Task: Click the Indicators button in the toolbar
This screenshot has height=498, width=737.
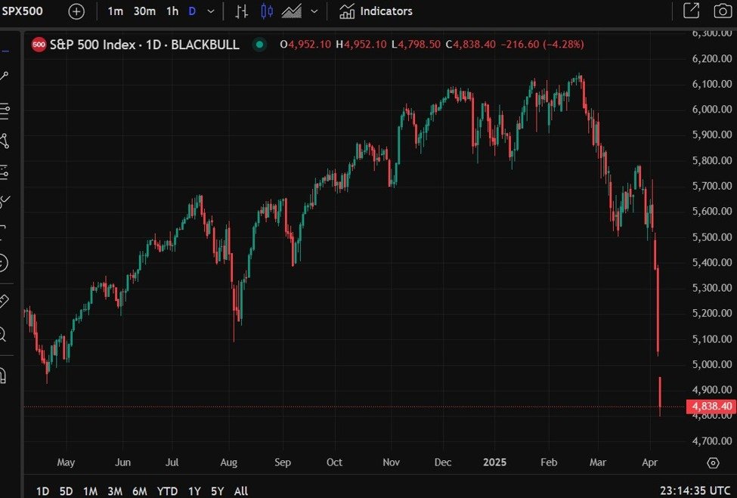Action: (x=376, y=11)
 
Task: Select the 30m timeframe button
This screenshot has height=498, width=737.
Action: (x=144, y=11)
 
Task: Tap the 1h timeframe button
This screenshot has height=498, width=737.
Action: (x=172, y=11)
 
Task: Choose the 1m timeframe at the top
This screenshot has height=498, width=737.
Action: (x=116, y=11)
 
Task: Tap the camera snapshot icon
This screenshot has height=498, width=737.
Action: (x=722, y=11)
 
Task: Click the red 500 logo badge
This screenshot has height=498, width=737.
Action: (x=39, y=45)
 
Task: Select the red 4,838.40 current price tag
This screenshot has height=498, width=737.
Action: (x=711, y=407)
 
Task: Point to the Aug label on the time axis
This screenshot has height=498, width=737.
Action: (x=229, y=462)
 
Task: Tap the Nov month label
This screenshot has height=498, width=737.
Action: (x=391, y=462)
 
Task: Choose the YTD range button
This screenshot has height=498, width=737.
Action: (x=167, y=491)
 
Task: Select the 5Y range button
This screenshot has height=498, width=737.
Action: (x=218, y=491)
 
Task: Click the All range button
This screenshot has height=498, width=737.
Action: (x=240, y=491)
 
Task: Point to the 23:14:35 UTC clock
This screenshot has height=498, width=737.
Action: (x=695, y=491)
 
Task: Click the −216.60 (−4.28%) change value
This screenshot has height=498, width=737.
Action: (x=541, y=45)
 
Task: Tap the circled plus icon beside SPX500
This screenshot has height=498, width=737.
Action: (x=76, y=11)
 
